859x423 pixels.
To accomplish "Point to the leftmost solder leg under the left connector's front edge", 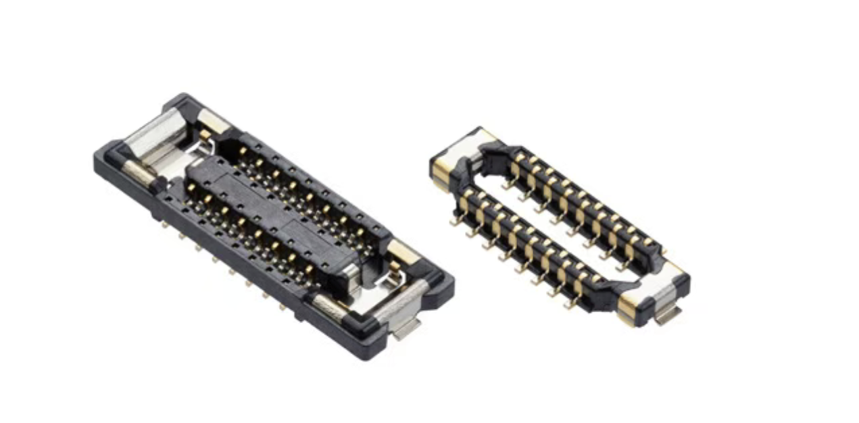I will tap(164, 224).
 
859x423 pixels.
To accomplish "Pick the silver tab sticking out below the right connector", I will tap(665, 316).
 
